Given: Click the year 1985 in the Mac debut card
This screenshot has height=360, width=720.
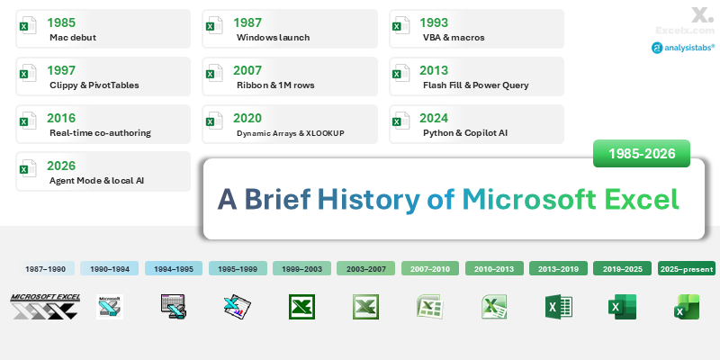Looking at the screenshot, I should click(x=63, y=22).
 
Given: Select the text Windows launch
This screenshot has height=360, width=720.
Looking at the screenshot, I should click(x=273, y=38).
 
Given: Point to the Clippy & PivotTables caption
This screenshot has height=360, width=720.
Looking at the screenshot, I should click(x=94, y=85).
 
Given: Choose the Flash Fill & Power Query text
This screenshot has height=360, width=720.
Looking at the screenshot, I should click(x=475, y=85).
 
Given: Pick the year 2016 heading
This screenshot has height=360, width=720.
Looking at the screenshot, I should click(x=63, y=118).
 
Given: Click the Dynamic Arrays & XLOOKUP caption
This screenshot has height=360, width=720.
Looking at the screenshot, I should click(x=291, y=133).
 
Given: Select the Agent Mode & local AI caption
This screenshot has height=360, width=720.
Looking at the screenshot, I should click(x=98, y=181).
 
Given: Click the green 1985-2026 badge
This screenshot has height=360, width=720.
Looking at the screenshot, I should click(x=642, y=154).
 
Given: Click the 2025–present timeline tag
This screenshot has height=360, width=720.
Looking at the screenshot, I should click(x=687, y=268).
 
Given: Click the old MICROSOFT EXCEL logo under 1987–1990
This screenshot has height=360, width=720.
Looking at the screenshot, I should click(x=44, y=306).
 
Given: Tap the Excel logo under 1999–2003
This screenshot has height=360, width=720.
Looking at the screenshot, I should click(x=301, y=307).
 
